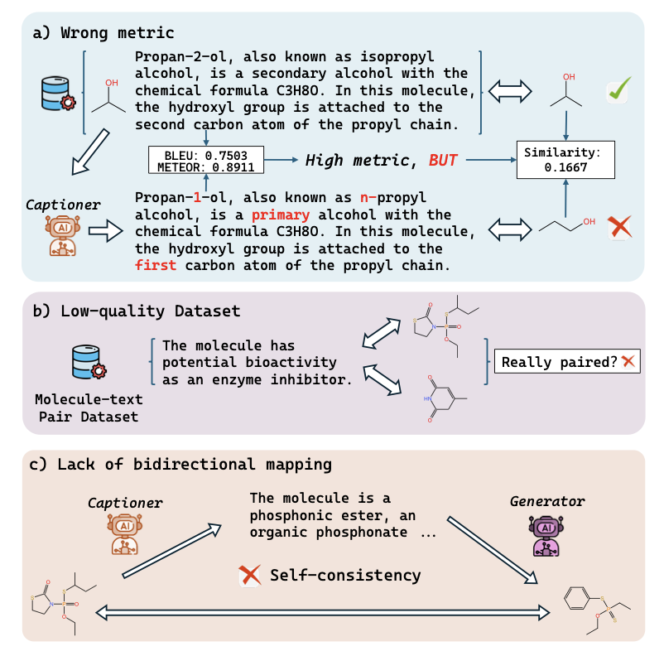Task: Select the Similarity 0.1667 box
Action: (566, 161)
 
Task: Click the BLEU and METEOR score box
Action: (205, 161)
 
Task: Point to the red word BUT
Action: (443, 160)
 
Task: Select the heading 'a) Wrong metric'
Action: (103, 33)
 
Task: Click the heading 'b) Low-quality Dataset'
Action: (136, 311)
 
